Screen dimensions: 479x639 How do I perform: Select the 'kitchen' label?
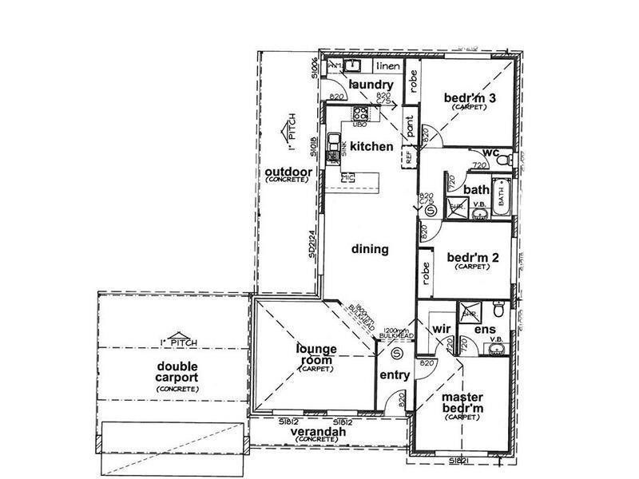(x=371, y=146)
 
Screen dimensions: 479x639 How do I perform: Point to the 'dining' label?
(x=370, y=249)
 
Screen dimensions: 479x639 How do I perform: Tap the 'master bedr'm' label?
(x=463, y=403)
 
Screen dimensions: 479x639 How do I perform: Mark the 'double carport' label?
(x=177, y=373)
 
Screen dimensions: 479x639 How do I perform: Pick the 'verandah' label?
(x=319, y=432)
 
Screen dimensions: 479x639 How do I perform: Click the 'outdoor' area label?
(x=283, y=173)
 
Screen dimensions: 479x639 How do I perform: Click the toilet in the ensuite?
(x=498, y=309)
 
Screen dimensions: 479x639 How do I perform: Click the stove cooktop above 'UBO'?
(x=360, y=113)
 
